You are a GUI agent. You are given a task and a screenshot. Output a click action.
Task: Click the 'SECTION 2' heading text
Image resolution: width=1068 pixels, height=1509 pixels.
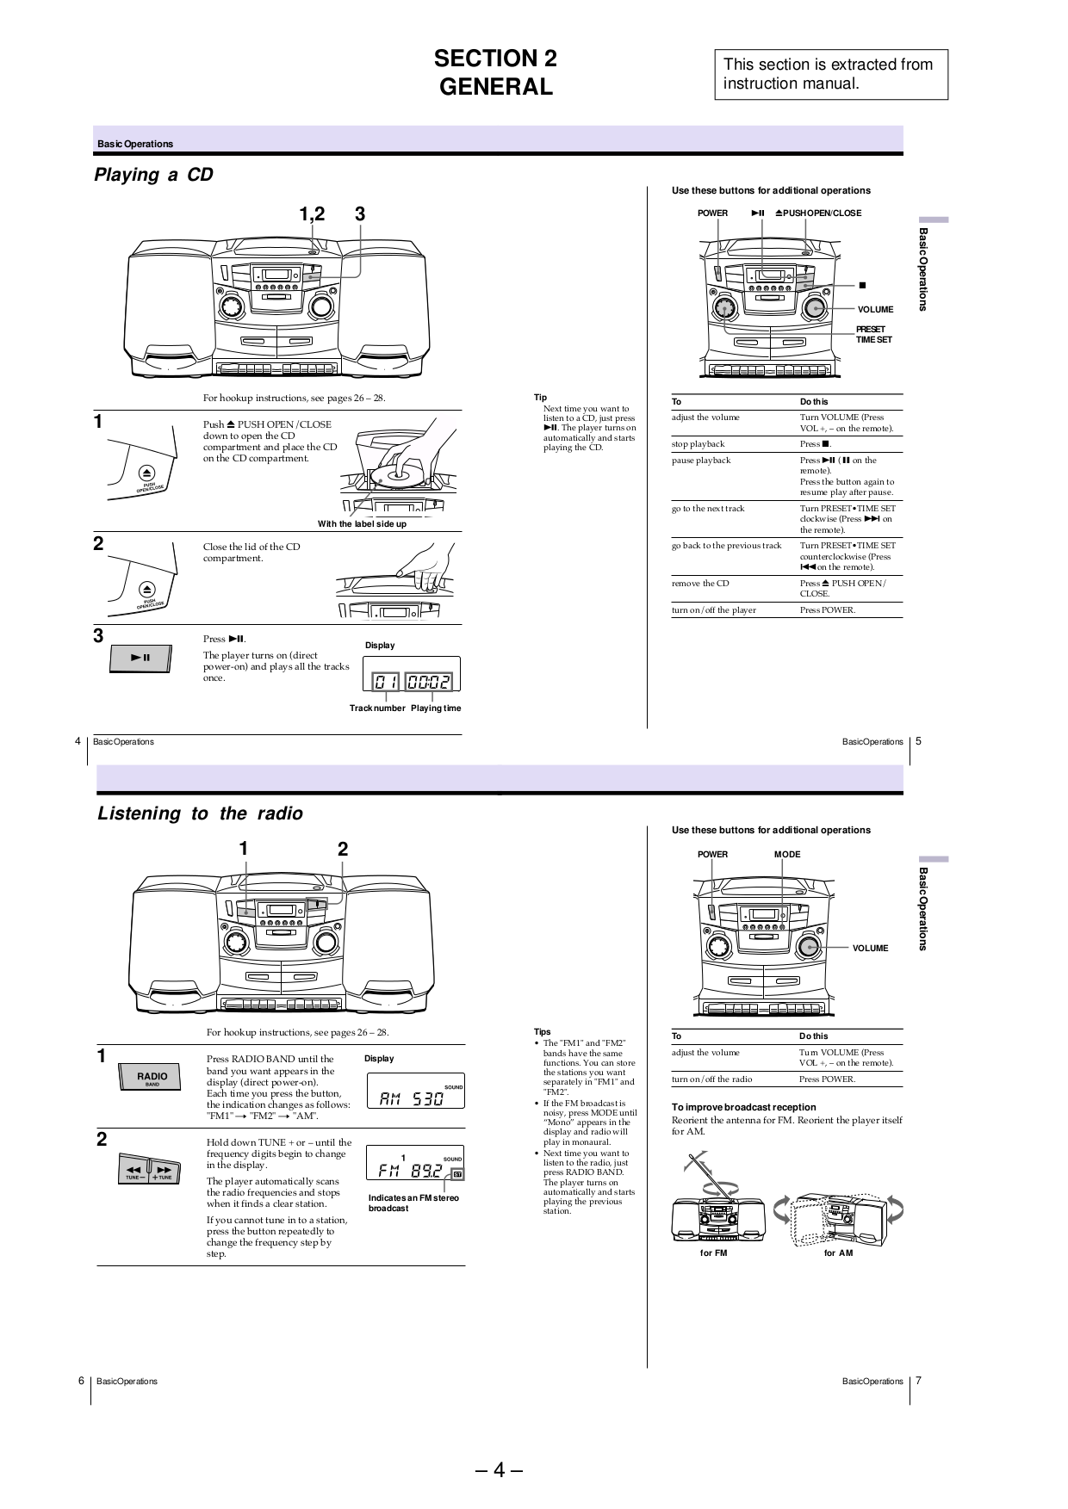pyautogui.click(x=495, y=59)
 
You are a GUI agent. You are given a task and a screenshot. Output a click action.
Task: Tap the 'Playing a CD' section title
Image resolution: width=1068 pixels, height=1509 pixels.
pyautogui.click(x=153, y=175)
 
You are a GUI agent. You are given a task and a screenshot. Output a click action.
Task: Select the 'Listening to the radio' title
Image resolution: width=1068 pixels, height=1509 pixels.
pyautogui.click(x=200, y=813)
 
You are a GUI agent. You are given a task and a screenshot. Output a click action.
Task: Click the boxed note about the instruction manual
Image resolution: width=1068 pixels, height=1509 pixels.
pyautogui.click(x=830, y=74)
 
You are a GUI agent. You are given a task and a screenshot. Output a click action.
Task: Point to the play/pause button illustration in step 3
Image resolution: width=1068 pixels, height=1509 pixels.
pyautogui.click(x=142, y=659)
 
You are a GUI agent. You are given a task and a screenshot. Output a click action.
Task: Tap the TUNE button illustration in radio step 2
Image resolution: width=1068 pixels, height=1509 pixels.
pyautogui.click(x=149, y=1171)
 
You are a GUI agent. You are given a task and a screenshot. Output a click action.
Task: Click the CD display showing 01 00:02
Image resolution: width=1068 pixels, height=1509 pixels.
pyautogui.click(x=412, y=682)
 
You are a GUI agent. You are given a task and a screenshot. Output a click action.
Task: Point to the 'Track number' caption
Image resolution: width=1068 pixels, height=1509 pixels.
pyautogui.click(x=377, y=708)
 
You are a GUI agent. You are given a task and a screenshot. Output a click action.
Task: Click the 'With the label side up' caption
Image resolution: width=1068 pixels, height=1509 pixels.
pyautogui.click(x=362, y=524)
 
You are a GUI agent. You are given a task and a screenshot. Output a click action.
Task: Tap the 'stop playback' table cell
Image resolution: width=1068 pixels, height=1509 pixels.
pyautogui.click(x=699, y=444)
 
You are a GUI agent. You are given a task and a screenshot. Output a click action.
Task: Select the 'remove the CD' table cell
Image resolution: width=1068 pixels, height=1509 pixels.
pyautogui.click(x=700, y=584)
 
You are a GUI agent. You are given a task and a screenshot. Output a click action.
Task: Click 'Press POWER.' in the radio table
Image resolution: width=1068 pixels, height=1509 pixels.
pyautogui.click(x=827, y=1079)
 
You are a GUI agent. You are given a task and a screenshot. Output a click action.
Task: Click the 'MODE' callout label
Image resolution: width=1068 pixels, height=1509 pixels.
pyautogui.click(x=787, y=855)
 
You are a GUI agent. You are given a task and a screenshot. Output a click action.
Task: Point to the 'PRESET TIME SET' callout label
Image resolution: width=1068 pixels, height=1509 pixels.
pyautogui.click(x=873, y=335)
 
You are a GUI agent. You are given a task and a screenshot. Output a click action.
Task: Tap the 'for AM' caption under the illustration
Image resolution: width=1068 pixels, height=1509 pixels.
pyautogui.click(x=838, y=1252)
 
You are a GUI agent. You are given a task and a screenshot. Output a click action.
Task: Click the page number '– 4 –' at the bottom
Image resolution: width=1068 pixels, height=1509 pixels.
pyautogui.click(x=499, y=1470)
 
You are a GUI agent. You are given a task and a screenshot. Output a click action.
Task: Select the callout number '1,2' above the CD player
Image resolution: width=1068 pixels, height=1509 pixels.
pyautogui.click(x=313, y=214)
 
